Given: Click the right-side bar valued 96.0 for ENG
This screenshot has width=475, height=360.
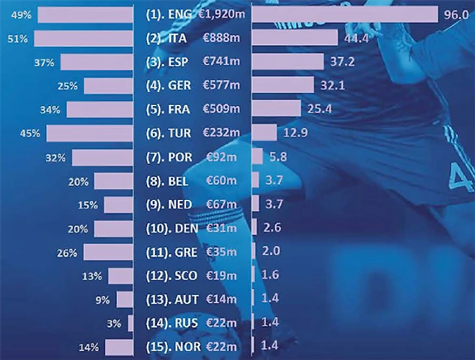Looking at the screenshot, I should [345, 15].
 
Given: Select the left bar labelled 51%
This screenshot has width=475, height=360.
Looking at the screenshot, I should [83, 38].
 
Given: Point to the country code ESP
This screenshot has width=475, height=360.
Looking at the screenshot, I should [179, 62].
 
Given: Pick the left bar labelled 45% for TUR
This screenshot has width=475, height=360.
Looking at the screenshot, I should [89, 133].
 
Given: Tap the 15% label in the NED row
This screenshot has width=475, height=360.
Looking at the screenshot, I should [87, 204].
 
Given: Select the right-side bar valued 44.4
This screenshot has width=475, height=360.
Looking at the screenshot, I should [294, 38].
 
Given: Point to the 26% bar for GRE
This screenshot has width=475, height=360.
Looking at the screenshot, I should [108, 252].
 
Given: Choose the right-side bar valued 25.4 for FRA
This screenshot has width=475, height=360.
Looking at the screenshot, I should [276, 109].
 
